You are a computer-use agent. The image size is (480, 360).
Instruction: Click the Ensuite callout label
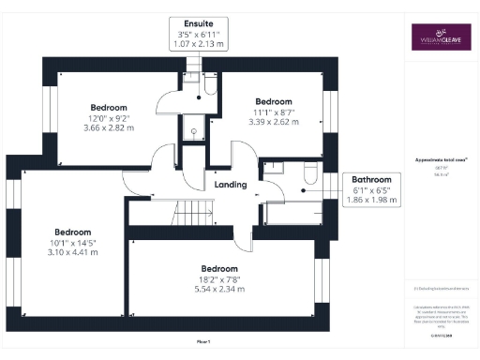click(x=198, y=22)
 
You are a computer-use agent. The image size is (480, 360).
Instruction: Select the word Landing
click(x=231, y=185)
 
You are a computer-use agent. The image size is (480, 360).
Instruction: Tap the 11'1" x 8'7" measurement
click(x=274, y=112)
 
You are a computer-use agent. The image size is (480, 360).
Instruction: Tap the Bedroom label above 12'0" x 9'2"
click(x=109, y=106)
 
